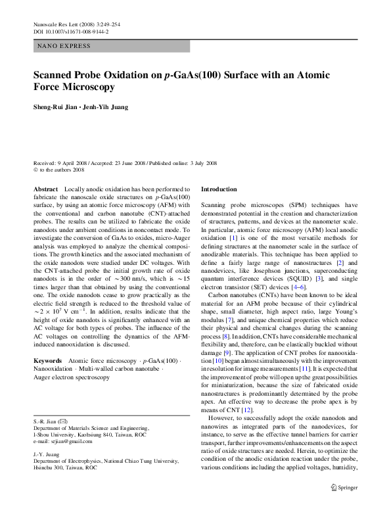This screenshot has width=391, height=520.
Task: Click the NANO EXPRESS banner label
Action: coord(64,46)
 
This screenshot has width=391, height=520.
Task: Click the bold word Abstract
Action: coord(45,189)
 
